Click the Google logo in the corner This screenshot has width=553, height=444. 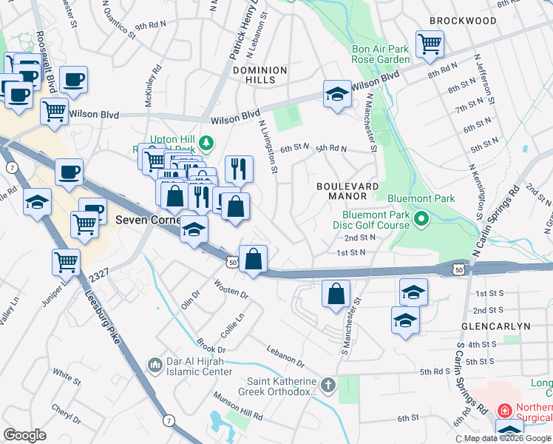click(x=24, y=435)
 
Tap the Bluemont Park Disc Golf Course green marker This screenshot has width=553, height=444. click(x=421, y=218)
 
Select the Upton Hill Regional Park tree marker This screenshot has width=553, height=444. click(x=209, y=142)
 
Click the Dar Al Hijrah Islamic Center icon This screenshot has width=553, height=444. click(x=155, y=365)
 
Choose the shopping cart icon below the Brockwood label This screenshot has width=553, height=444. click(x=429, y=44)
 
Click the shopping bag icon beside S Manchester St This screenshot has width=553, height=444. click(x=336, y=293)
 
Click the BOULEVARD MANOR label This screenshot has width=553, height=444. click(x=347, y=191)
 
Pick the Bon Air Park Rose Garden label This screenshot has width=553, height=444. click(x=381, y=53)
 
